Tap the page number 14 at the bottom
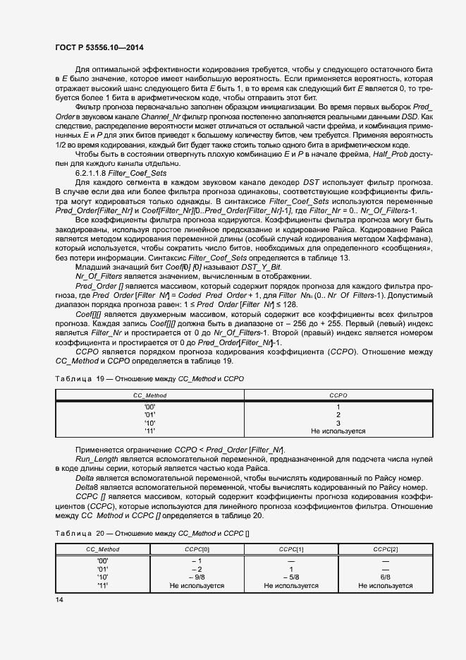(59, 599)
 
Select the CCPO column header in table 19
(338, 397)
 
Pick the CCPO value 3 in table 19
(338, 423)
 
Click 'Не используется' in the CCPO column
(338, 431)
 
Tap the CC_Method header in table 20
(103, 549)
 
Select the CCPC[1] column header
(291, 549)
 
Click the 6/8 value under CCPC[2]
(385, 577)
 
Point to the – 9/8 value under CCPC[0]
(197, 577)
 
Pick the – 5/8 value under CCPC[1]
(291, 577)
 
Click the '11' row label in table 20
(103, 585)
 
